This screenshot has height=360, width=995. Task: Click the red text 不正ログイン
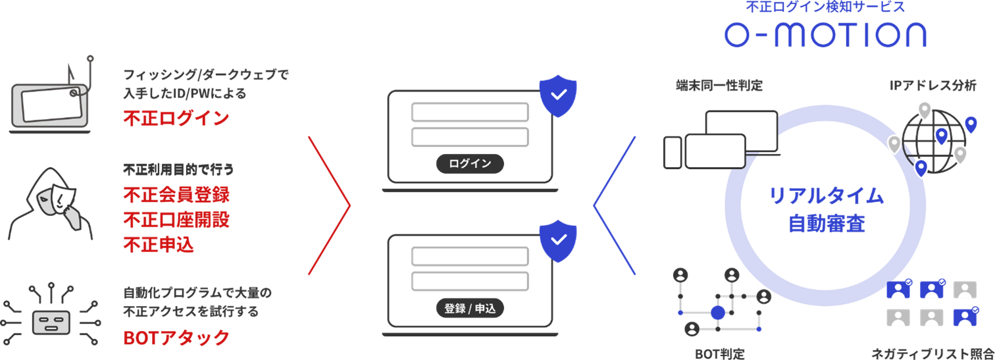coord(176,119)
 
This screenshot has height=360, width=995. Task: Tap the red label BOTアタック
coord(176,338)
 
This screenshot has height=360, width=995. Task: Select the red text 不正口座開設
coord(176,220)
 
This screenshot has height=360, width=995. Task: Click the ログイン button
coord(470,164)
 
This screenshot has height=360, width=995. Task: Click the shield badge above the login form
coord(558,95)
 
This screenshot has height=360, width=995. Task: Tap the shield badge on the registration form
coord(558,242)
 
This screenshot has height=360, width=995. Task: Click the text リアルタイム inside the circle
coord(826,195)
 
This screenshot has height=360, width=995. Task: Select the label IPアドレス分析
coord(932,86)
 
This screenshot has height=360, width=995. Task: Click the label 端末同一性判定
coord(718,86)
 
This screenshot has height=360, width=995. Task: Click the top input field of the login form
coord(469,112)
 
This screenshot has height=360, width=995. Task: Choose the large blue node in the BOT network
coord(717,312)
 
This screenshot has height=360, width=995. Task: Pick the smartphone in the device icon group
coord(673,152)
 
